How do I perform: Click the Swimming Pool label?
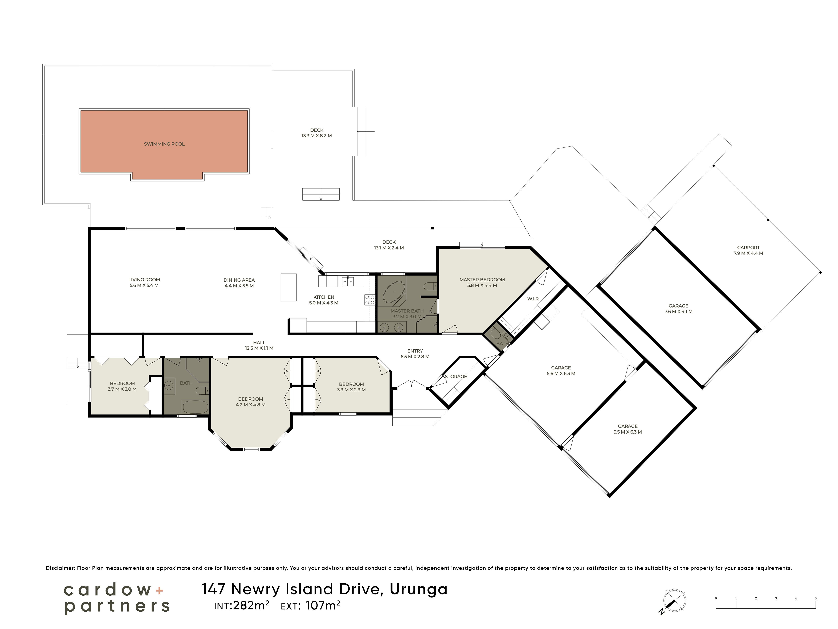coord(164,144)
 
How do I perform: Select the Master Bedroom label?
coord(482,280)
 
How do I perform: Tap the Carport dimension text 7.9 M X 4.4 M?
coord(748,253)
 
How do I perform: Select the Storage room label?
coord(456,376)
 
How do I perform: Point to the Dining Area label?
coord(239,280)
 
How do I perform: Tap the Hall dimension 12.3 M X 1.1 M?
coord(259,348)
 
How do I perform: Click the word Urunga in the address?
coord(419,589)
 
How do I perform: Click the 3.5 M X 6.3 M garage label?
coord(628,432)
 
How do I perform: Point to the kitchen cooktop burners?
coord(370,300)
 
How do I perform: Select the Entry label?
coord(415,351)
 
